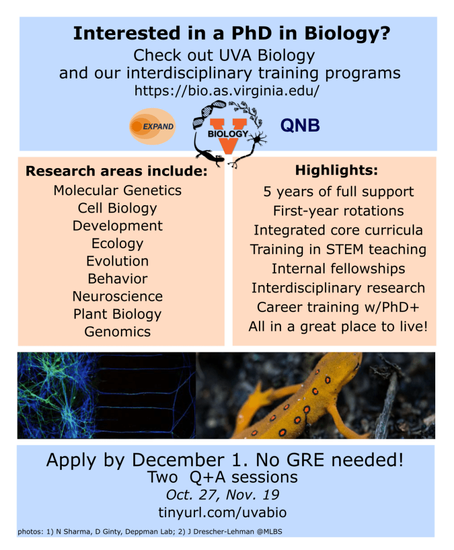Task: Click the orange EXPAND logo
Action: (152, 126)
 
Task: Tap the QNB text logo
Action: (300, 126)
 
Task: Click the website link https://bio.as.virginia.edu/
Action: (227, 91)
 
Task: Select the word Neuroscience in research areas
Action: (118, 296)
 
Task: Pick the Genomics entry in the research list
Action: (118, 332)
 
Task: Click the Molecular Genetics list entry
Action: (118, 191)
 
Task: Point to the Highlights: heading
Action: (336, 170)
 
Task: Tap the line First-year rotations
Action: (338, 211)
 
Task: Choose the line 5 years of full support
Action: (338, 192)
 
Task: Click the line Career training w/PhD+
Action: (338, 307)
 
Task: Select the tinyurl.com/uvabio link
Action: (222, 512)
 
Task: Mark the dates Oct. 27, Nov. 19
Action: (222, 495)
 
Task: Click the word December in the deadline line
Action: (178, 460)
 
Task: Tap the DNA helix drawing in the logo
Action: (208, 114)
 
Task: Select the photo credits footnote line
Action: (150, 532)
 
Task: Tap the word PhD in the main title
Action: (251, 33)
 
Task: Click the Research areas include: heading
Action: (117, 171)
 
